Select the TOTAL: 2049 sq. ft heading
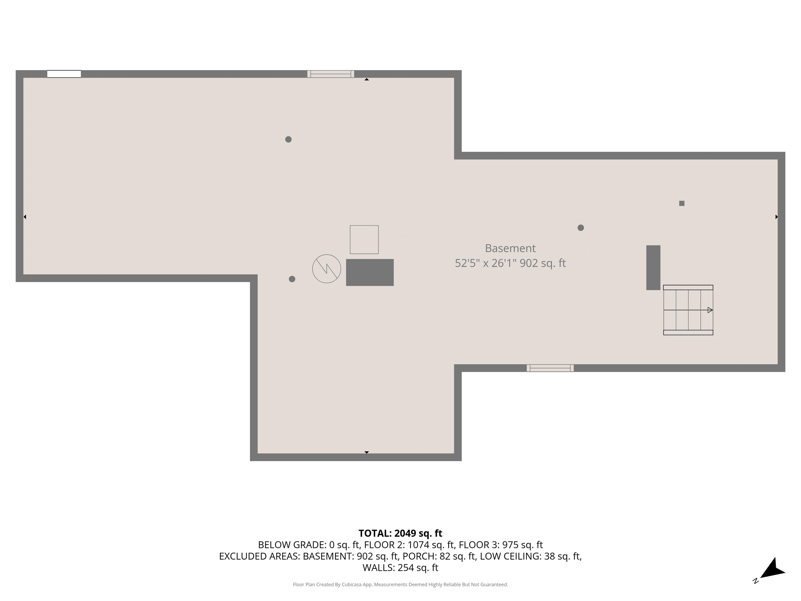point(400,533)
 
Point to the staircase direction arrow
point(710,310)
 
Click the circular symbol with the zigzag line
point(327,269)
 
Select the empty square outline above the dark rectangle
point(364,239)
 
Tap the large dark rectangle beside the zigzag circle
point(370,272)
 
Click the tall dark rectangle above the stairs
point(653,268)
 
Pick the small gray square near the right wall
point(682,203)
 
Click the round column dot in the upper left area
point(288,139)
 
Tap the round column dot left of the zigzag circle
point(292,279)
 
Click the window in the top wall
point(331,74)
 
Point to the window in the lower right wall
point(550,368)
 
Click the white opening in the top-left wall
point(64,74)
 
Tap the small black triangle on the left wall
point(25,217)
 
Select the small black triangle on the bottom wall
point(366,453)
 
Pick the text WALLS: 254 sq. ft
point(400,568)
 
